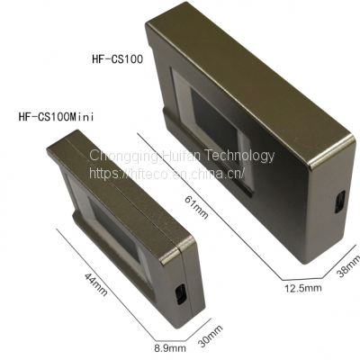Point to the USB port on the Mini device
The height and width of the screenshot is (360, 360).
pyautogui.click(x=181, y=292)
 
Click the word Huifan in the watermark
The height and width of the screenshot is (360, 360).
pyautogui.click(x=178, y=156)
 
